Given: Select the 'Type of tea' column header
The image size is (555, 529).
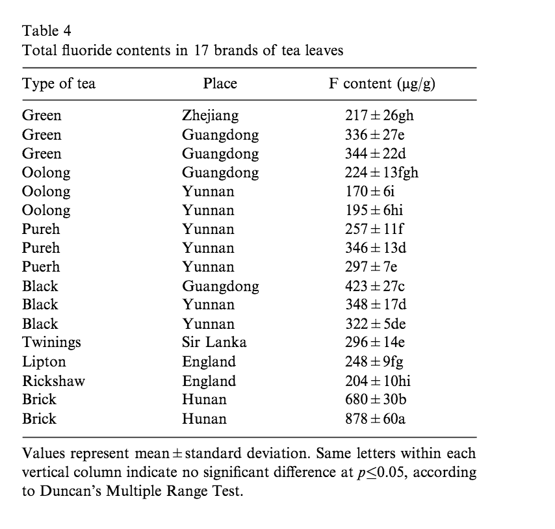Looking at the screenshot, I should pyautogui.click(x=58, y=84).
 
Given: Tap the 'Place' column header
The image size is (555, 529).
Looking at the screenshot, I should pyautogui.click(x=220, y=84).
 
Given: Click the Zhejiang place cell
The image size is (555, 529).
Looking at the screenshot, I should pyautogui.click(x=210, y=116).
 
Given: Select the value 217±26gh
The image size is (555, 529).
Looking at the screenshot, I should pyautogui.click(x=380, y=116).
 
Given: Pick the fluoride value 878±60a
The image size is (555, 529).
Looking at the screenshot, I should pyautogui.click(x=375, y=419).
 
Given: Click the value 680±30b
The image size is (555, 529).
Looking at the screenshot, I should pyautogui.click(x=376, y=400).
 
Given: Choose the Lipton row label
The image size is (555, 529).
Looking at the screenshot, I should pyautogui.click(x=44, y=362).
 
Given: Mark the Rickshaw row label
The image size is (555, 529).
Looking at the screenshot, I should pyautogui.click(x=53, y=381).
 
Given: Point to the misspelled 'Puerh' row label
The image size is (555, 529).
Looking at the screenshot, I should pyautogui.click(x=41, y=267).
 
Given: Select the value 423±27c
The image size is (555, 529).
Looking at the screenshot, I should pyautogui.click(x=375, y=286).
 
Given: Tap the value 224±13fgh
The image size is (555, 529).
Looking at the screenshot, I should pyautogui.click(x=381, y=173).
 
